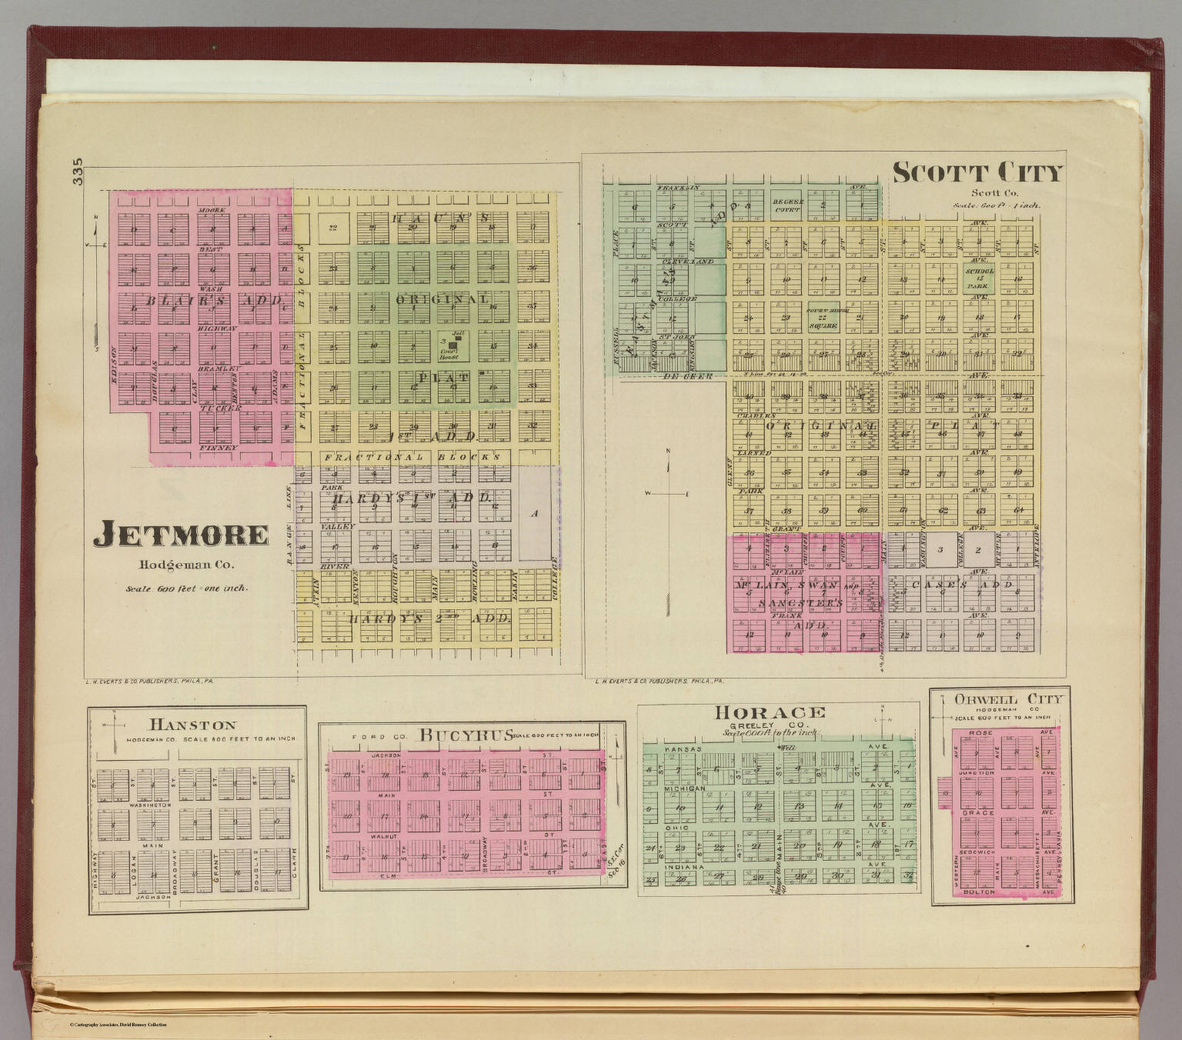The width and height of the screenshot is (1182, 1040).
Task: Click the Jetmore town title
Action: (181, 535)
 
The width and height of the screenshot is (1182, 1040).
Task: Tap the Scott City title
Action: (977, 173)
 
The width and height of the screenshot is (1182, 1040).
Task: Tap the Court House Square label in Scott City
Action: (822, 317)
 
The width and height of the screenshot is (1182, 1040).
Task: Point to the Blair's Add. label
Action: (215, 302)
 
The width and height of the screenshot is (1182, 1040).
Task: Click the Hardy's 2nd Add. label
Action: (430, 618)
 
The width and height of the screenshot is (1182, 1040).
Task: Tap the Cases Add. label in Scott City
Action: (961, 585)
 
